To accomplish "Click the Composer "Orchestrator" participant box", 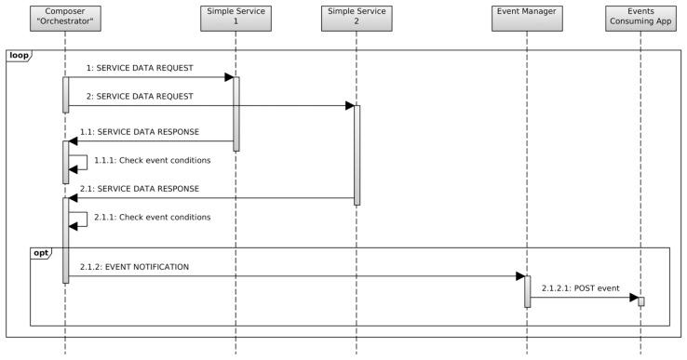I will coord(65,16).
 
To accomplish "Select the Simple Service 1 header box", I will coord(236,16).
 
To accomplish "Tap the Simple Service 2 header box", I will coord(356,16).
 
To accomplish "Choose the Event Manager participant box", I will coord(527,16).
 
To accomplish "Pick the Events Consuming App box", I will coord(641,16).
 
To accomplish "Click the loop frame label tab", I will coord(19,56).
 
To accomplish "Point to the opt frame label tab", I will coord(42,253).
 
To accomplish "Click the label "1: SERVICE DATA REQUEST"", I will coord(139,68).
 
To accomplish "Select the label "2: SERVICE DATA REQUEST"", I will coord(139,96).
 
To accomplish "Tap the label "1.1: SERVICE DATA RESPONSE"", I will coord(140,132).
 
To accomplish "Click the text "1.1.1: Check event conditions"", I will coord(152,160).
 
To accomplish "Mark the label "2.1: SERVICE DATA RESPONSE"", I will coord(140,188).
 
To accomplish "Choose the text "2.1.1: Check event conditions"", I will coord(152,217).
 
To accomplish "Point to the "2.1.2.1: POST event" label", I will coord(581,288).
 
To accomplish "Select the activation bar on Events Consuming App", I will coord(641,301).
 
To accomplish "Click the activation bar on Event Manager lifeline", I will coord(527,291).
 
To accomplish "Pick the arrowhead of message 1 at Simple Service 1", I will coord(228,77).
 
